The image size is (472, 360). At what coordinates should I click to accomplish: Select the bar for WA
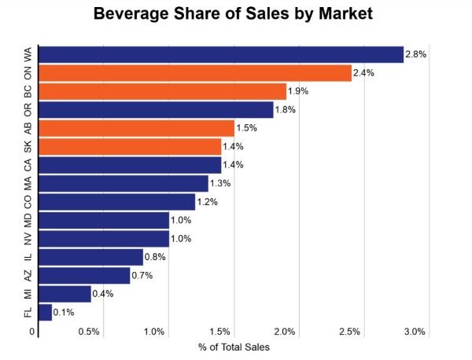pyautogui.click(x=220, y=54)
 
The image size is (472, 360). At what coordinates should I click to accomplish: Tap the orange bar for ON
pyautogui.click(x=194, y=73)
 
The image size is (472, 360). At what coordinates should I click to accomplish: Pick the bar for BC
pyautogui.click(x=162, y=91)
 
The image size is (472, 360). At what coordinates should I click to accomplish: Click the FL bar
pyautogui.click(x=45, y=312)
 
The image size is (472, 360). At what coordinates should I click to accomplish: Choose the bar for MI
pyautogui.click(x=65, y=294)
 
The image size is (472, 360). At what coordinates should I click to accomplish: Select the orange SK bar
pyautogui.click(x=130, y=146)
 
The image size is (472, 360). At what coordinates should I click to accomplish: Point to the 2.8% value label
pyautogui.click(x=415, y=54)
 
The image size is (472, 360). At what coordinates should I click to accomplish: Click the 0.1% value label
pyautogui.click(x=63, y=313)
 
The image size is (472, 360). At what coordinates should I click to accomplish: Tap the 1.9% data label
pyautogui.click(x=298, y=91)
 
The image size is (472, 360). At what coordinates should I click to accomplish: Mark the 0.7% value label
pyautogui.click(x=142, y=276)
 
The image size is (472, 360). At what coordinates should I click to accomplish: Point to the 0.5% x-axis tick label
pyautogui.click(x=89, y=332)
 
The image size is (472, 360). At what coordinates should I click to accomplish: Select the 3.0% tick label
pyautogui.click(x=414, y=332)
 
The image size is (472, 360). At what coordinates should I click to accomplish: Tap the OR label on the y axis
pyautogui.click(x=28, y=109)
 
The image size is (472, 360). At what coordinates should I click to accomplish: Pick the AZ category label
pyautogui.click(x=28, y=275)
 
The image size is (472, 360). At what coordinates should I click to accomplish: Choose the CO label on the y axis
pyautogui.click(x=28, y=201)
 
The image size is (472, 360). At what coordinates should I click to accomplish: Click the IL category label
pyautogui.click(x=28, y=257)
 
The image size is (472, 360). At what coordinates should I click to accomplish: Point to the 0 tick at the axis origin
pyautogui.click(x=32, y=332)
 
